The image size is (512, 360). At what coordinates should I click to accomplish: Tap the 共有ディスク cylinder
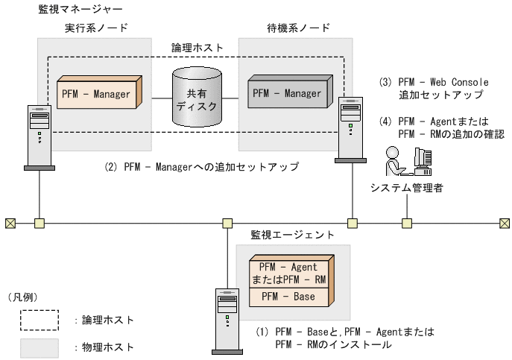pos(197,98)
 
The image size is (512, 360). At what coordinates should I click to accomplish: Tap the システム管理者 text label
pos(407,188)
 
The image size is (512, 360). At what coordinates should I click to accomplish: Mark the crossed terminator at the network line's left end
pos(10,222)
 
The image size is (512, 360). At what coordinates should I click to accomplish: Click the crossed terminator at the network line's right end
pos(505,222)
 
